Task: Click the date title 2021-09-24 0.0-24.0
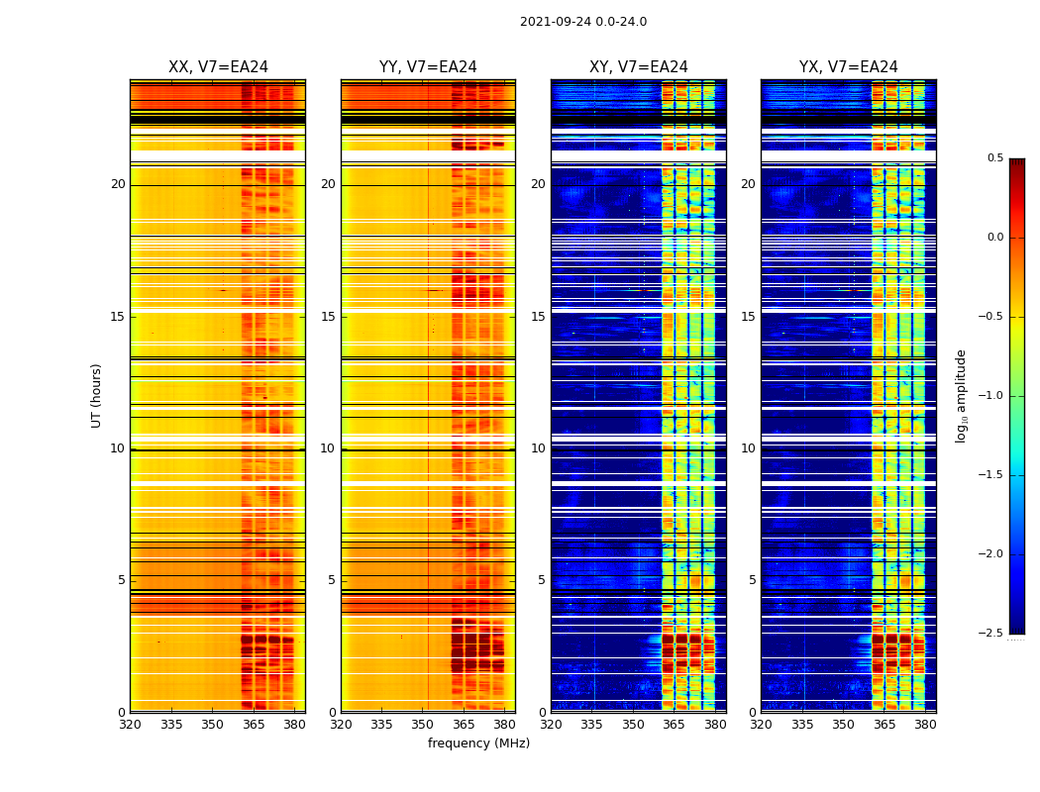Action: [582, 22]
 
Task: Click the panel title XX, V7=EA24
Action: [218, 67]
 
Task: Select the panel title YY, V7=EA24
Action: [428, 67]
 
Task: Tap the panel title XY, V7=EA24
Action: [638, 67]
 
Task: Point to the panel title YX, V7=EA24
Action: [848, 67]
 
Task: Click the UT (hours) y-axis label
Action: [97, 395]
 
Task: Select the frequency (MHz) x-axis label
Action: [478, 743]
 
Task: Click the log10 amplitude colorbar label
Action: [961, 395]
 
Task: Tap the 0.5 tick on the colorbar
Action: [994, 158]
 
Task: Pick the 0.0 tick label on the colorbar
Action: [994, 238]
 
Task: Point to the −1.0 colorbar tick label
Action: [992, 396]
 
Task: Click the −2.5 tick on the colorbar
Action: [992, 633]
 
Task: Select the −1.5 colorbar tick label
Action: [992, 475]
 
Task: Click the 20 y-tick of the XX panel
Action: [118, 184]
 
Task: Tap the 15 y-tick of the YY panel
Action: [328, 317]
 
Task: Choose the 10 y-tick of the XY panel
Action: [538, 448]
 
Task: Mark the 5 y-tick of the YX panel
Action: [752, 580]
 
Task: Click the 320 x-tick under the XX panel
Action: [130, 725]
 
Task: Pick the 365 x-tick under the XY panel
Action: [674, 725]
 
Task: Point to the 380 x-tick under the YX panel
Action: [925, 725]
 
